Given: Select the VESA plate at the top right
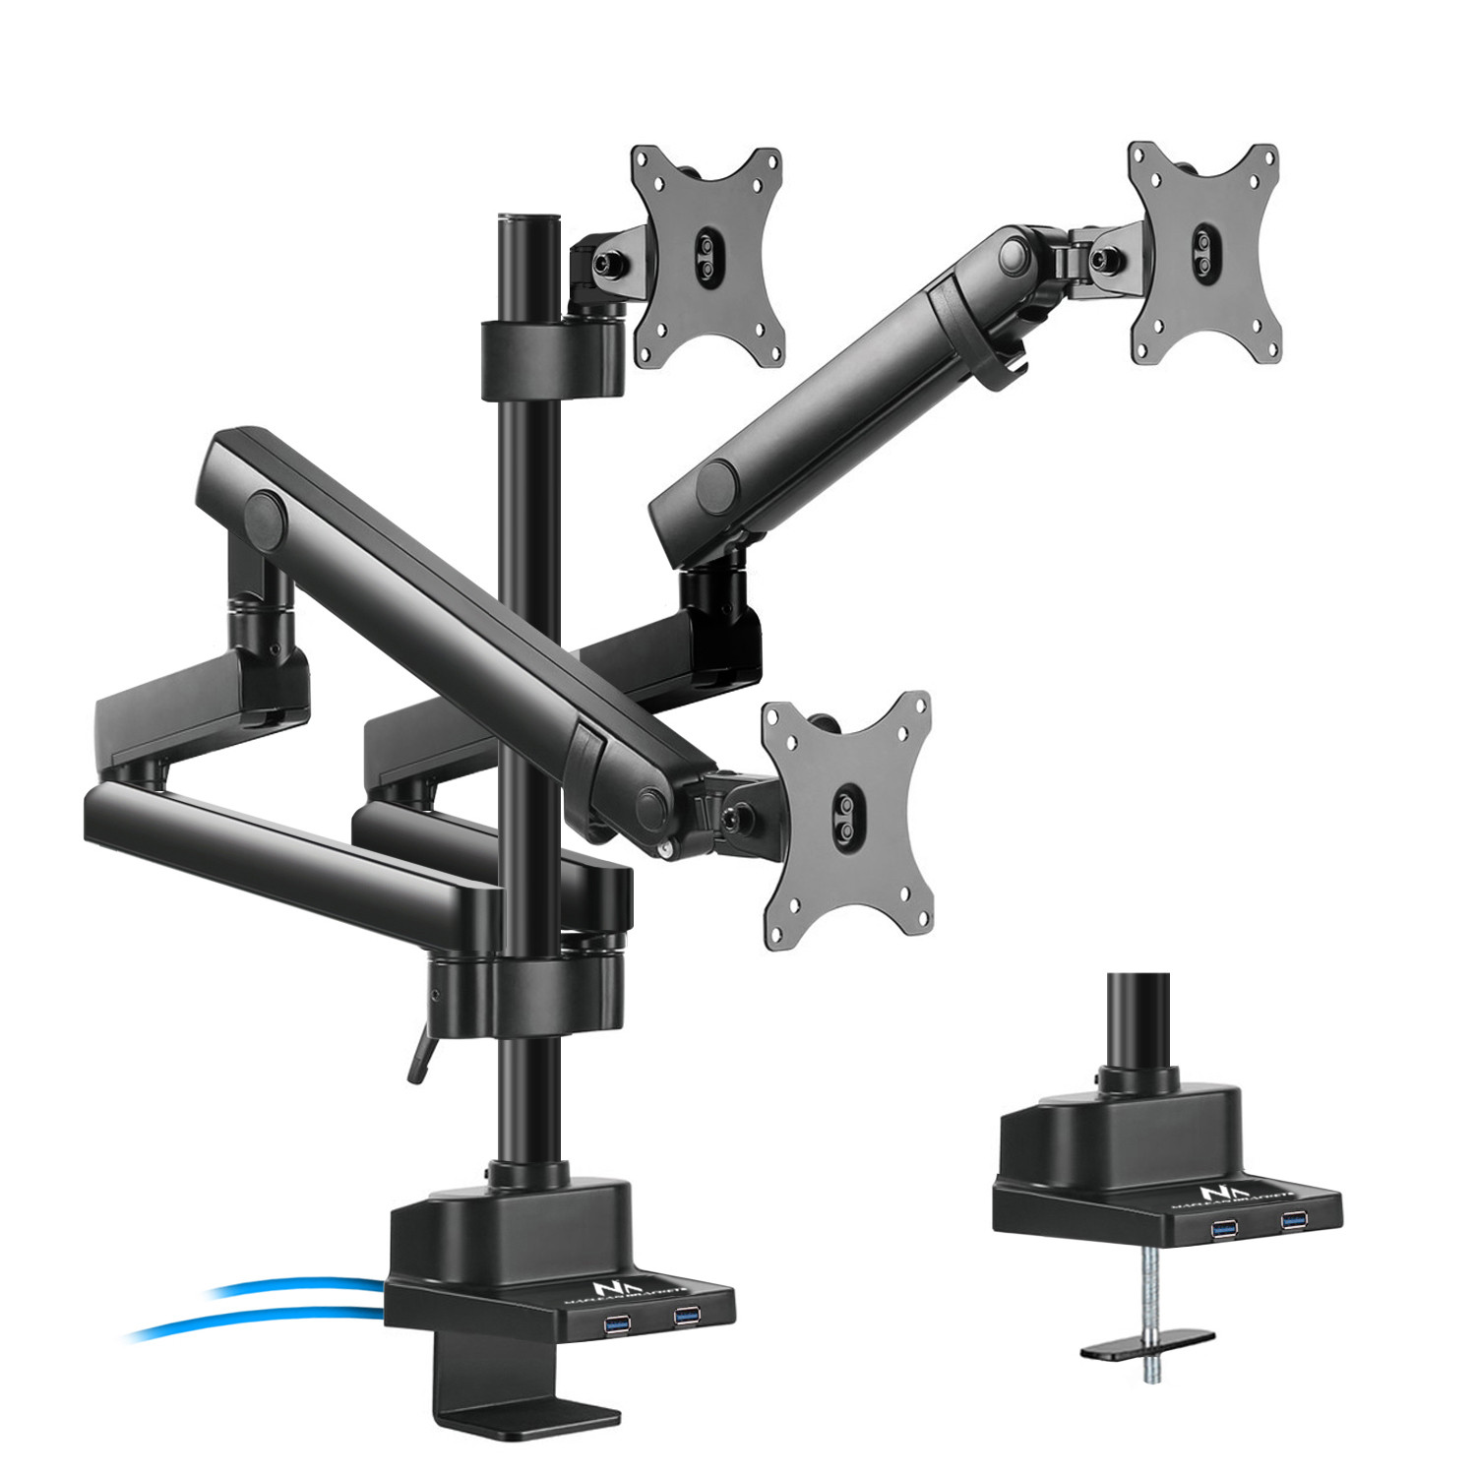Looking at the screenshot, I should pyautogui.click(x=1203, y=253).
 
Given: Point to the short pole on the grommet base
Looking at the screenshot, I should pyautogui.click(x=1138, y=1023).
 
